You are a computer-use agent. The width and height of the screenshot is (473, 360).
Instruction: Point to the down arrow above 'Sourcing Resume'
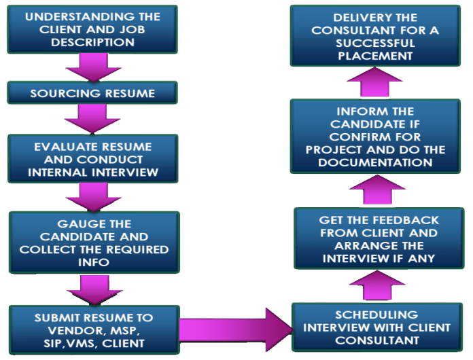click(90, 67)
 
